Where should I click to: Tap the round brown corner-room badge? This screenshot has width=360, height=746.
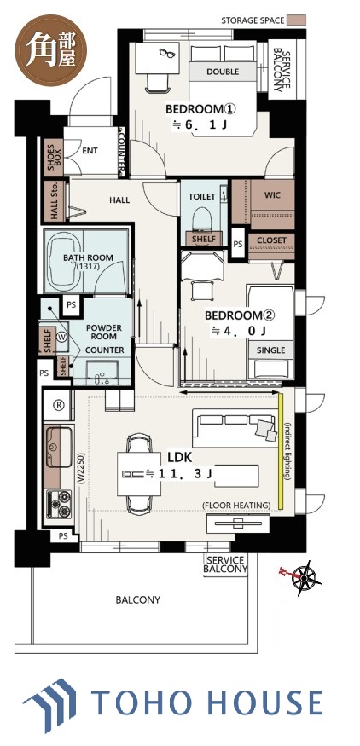51,51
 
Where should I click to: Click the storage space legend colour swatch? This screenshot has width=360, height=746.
296,20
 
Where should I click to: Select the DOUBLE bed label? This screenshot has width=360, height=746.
223,72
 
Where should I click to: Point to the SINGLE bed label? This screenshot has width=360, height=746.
271,350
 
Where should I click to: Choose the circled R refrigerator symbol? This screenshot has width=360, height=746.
59,405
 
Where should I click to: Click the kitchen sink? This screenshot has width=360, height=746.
58,446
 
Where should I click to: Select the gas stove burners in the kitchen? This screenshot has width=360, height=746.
59,504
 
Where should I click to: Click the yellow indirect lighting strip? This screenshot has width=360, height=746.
282,450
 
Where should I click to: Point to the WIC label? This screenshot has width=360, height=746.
272,195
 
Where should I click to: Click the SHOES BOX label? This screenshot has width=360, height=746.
54,155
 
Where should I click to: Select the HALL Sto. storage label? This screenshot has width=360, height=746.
54,200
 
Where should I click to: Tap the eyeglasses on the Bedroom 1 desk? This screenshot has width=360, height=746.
168,53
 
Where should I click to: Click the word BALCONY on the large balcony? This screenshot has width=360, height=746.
138,599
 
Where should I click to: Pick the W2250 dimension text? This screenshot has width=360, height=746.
80,466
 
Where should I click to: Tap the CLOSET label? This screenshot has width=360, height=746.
272,240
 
